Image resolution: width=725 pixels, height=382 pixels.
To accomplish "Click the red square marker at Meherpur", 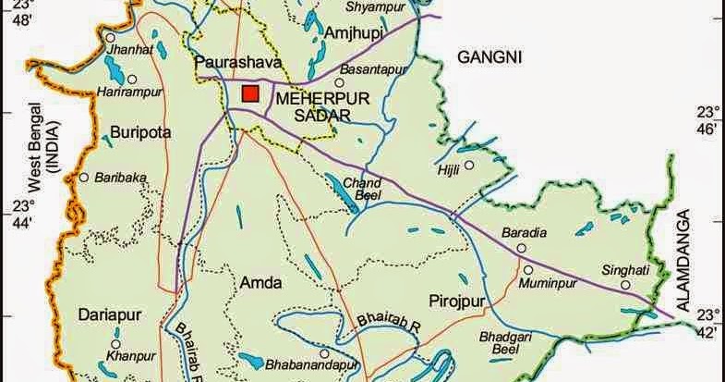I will click(249, 92).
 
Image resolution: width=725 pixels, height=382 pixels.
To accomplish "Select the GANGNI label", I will click(489, 57).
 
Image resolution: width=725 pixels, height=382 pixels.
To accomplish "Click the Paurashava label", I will click(230, 62).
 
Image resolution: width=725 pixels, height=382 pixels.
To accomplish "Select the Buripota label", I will click(140, 132).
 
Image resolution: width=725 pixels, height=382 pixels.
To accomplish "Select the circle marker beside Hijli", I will click(468, 166).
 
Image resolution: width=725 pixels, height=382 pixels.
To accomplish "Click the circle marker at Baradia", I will click(522, 249).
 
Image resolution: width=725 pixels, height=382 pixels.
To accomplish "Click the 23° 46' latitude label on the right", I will click(709, 121).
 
